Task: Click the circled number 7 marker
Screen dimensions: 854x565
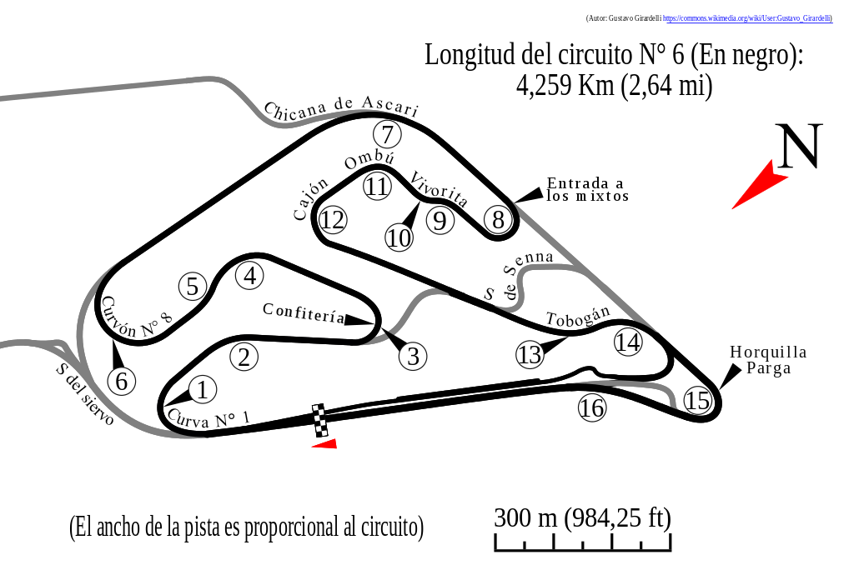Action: click(x=387, y=134)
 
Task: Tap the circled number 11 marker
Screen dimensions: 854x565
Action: click(x=377, y=186)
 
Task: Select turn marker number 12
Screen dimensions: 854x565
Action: click(x=333, y=220)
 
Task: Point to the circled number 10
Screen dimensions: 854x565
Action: click(x=399, y=238)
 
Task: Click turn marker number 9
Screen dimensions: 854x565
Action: click(x=440, y=221)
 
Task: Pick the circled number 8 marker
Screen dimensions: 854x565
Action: click(x=498, y=220)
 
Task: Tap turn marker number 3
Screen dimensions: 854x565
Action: click(x=413, y=357)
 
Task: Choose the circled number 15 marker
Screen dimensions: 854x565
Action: click(x=697, y=401)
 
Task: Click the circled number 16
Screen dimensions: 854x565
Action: click(x=591, y=408)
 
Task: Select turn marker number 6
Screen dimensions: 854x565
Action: click(x=122, y=382)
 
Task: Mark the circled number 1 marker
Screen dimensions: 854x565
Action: click(x=202, y=389)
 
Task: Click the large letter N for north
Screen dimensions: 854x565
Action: click(x=799, y=147)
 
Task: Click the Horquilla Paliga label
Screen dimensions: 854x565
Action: click(x=768, y=359)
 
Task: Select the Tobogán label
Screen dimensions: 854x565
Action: click(x=578, y=316)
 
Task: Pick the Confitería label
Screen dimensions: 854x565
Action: click(x=304, y=312)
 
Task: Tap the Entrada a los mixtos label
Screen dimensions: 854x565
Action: click(x=587, y=189)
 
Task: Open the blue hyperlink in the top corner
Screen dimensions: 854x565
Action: click(x=747, y=18)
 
